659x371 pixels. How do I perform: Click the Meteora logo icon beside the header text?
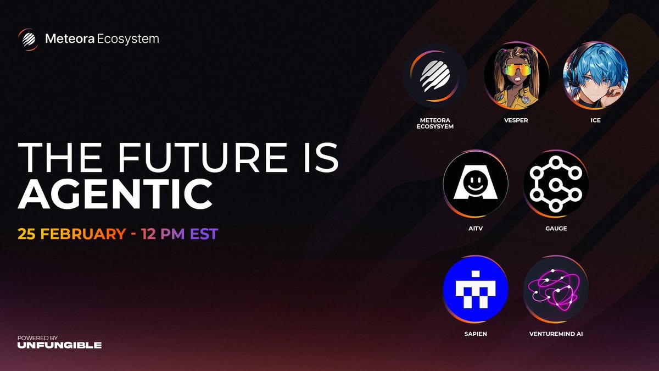coord(28,40)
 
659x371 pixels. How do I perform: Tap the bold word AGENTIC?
coord(115,193)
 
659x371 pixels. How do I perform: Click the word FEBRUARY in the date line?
coord(83,234)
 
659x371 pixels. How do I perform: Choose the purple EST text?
coord(204,234)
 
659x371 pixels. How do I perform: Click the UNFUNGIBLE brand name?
coord(59,345)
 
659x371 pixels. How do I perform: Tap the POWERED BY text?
coord(37,337)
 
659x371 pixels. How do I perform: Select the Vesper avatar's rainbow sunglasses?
coord(517,70)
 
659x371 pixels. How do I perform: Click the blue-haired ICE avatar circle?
coord(595,75)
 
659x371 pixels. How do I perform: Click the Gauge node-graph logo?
coord(556,184)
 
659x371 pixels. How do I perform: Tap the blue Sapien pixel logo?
coord(476,289)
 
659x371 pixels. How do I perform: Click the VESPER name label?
coord(516,120)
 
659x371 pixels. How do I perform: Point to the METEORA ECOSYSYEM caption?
coord(435,123)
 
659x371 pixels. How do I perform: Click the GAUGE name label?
coord(556,228)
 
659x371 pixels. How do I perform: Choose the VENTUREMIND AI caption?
coord(556,334)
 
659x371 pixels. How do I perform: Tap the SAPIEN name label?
coord(476,334)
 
